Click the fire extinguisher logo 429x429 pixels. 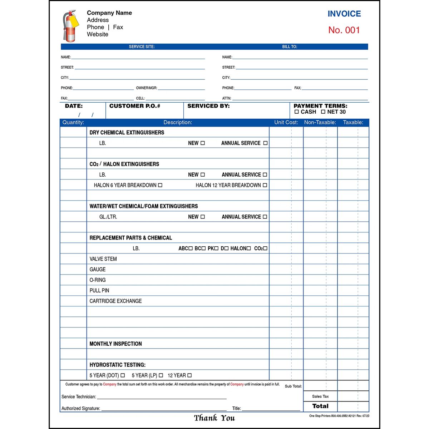click(x=70, y=26)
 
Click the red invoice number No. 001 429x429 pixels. click(x=344, y=30)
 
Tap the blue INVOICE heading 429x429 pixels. click(x=344, y=14)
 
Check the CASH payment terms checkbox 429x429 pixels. click(x=297, y=112)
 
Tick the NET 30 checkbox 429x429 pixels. click(x=323, y=112)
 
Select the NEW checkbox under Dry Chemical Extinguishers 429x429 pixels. click(x=203, y=143)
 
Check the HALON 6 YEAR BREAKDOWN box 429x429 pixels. click(x=160, y=185)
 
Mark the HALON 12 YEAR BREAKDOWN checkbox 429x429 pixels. click(x=265, y=185)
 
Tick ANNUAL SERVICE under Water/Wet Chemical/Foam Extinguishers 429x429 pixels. click(x=265, y=217)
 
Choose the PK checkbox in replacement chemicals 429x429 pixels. click(x=216, y=248)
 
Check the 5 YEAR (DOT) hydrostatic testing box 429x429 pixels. click(x=123, y=375)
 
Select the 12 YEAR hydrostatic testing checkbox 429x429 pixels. click(x=189, y=375)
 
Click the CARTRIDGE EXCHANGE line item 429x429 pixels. click(x=115, y=301)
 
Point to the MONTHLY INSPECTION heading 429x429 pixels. click(x=115, y=344)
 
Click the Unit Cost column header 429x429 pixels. click(x=286, y=122)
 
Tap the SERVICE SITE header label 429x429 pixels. click(x=142, y=47)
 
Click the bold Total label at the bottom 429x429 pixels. click(x=320, y=406)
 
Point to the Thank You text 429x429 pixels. click(x=214, y=418)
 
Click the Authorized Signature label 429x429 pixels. click(x=81, y=408)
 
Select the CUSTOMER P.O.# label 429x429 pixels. click(x=135, y=106)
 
